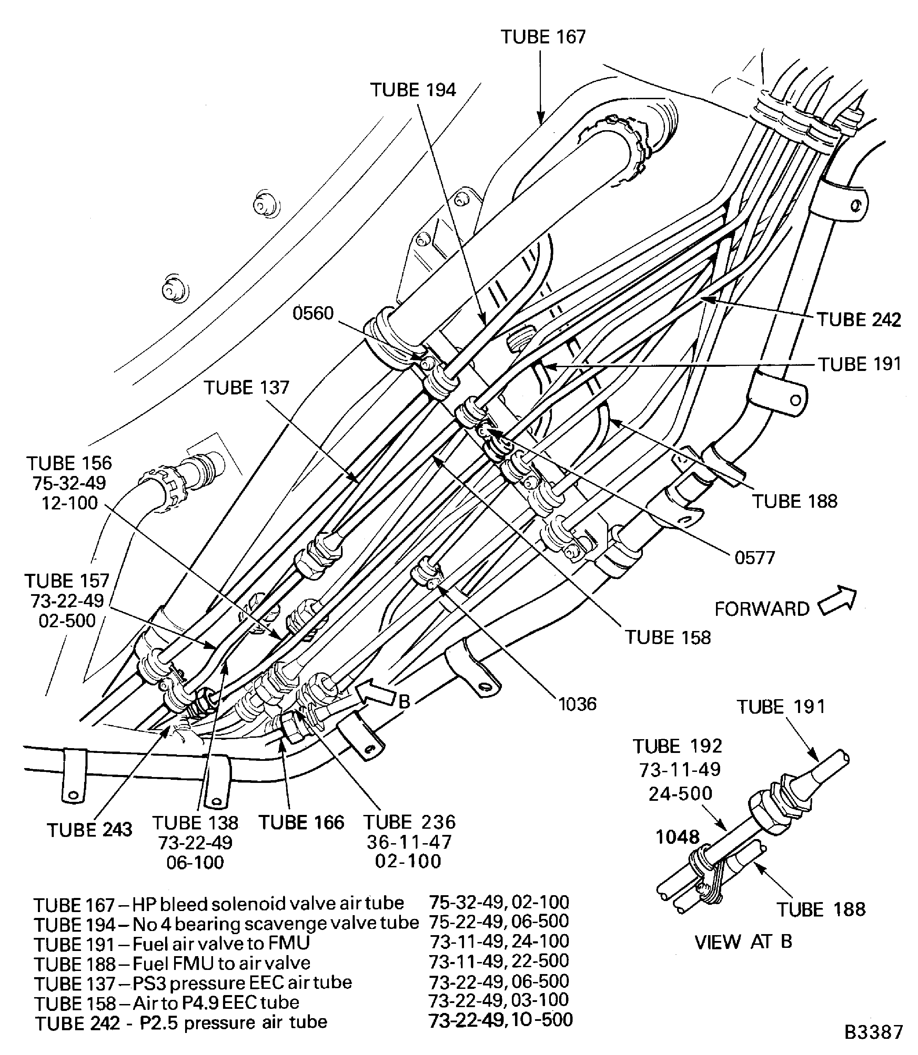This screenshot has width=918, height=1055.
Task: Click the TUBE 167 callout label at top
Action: point(543,37)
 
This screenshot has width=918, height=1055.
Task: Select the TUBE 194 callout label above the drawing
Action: point(413,90)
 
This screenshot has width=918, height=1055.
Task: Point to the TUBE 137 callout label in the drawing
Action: point(246,387)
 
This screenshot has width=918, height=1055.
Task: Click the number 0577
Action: point(755,557)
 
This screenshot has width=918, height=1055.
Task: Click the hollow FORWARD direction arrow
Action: point(837,601)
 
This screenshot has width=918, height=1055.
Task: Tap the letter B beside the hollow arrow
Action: point(404,701)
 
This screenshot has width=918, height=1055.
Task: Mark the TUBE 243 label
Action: point(90,830)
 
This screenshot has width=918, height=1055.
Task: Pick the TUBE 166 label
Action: point(301,823)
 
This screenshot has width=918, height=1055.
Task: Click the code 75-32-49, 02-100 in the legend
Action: point(499,902)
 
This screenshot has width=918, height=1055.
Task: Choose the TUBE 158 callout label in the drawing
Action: point(667,637)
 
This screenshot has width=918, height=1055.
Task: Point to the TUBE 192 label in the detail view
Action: point(677,746)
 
